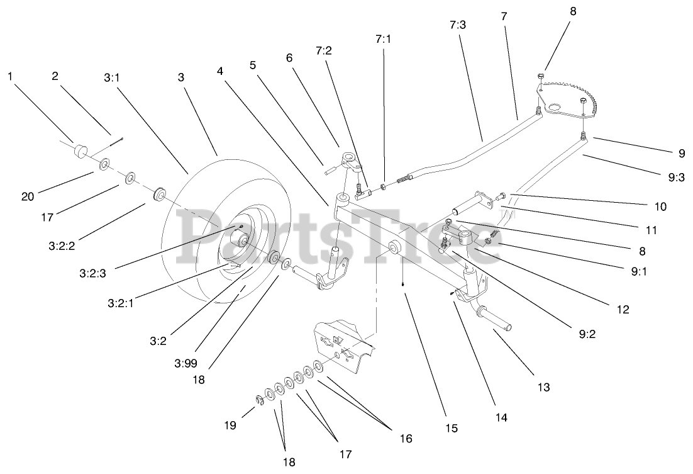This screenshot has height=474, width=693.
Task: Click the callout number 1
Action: tap(10, 76)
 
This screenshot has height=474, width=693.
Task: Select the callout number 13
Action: tap(544, 387)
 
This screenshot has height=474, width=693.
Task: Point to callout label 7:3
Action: tap(458, 26)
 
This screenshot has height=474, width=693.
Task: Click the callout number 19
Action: tap(231, 426)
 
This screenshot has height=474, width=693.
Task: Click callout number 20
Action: tap(28, 196)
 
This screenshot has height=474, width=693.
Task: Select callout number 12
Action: tap(622, 309)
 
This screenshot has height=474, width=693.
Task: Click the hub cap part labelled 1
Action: tap(80, 152)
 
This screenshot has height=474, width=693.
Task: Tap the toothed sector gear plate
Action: tap(569, 101)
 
